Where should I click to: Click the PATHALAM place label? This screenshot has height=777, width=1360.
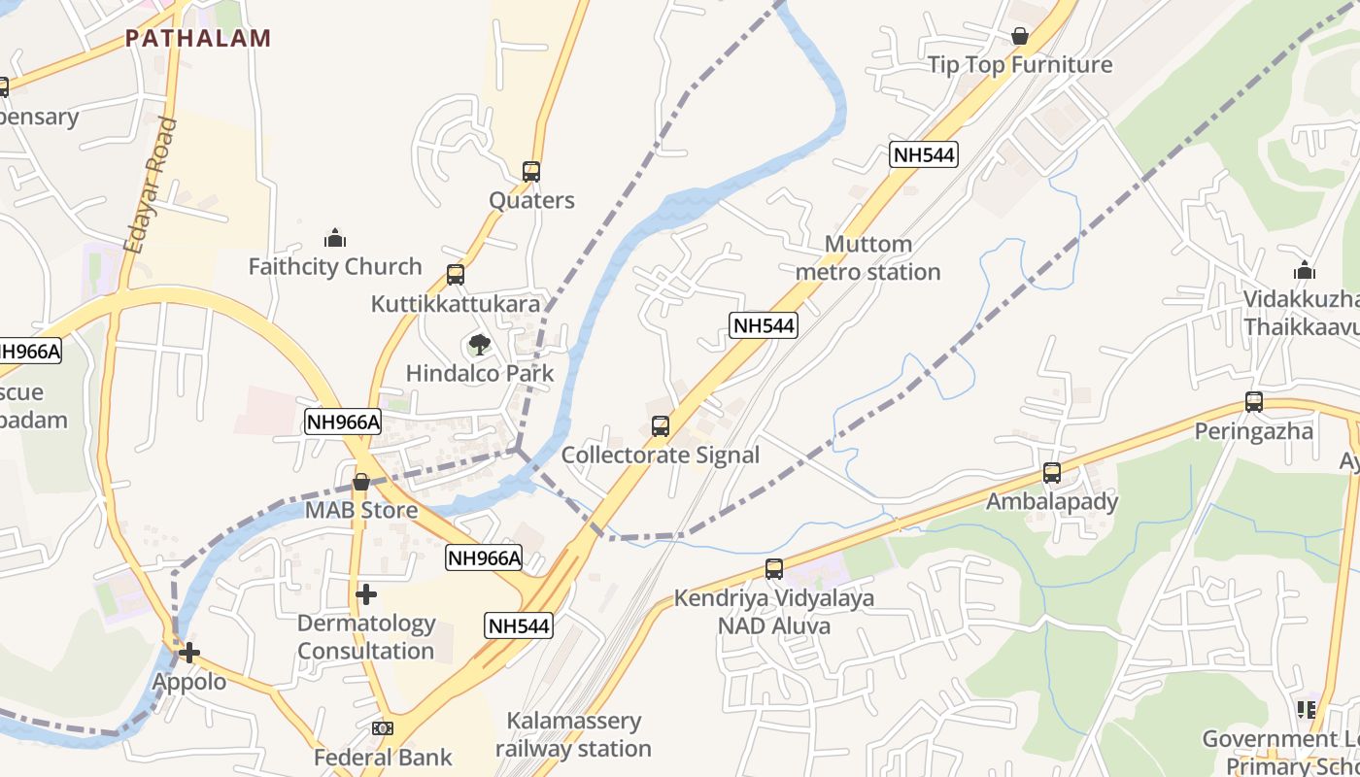coord(198,39)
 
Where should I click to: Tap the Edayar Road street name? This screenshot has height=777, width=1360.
coord(151,186)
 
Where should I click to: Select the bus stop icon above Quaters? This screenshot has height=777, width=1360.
coord(531,172)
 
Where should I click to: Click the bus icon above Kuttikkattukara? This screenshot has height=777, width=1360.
coord(456,275)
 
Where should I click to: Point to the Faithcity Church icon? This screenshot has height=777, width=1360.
coord(335,238)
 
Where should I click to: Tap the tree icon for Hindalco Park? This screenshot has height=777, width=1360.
coord(479,344)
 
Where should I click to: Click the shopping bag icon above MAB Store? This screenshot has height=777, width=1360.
coord(361,482)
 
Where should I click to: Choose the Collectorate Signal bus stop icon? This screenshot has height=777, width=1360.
coord(661,426)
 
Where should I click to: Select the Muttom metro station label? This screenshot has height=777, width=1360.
coord(867,257)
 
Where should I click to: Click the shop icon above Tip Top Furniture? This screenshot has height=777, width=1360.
coord(1020,37)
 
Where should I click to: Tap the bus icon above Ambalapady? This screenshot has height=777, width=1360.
coord(1052,473)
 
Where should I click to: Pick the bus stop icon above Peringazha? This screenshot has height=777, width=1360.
coord(1254,402)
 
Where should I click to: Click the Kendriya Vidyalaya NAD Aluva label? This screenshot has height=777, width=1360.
coord(774,612)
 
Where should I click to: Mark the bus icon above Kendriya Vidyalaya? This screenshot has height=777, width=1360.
coord(774,569)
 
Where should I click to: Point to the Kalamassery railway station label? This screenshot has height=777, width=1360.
coord(573,734)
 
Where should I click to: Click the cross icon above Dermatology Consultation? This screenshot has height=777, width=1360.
coord(366,594)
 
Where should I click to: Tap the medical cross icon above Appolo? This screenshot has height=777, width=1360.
coord(189,653)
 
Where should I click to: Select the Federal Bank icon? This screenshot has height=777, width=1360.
coord(383,728)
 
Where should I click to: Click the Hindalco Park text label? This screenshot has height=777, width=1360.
coord(480,373)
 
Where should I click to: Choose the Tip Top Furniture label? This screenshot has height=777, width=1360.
coord(1020,65)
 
